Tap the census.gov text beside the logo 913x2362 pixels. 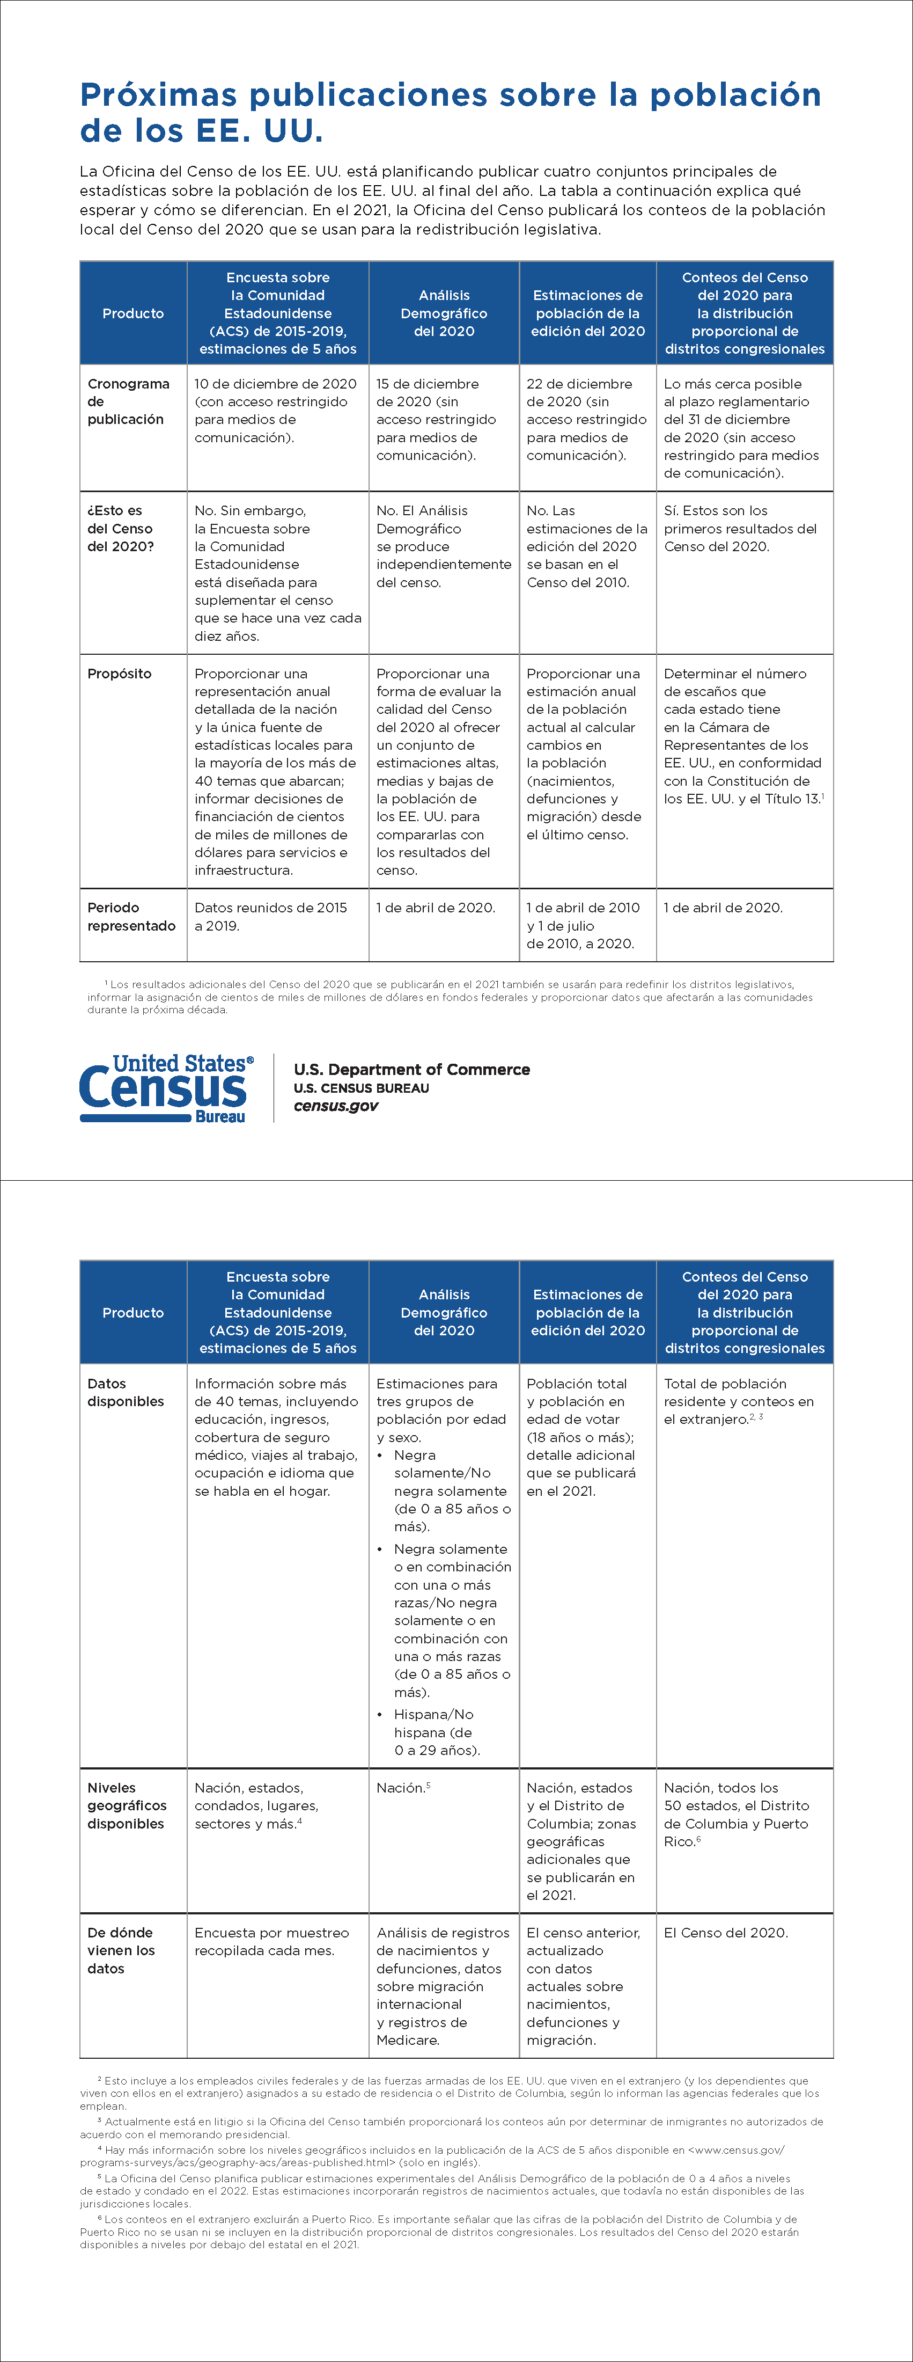click(335, 1106)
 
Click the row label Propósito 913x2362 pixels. click(119, 673)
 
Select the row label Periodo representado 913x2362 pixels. click(131, 917)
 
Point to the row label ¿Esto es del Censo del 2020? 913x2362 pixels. click(120, 528)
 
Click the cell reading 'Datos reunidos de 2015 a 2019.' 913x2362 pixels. click(270, 917)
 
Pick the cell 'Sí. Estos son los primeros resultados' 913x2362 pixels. click(740, 528)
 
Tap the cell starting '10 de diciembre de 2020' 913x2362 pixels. click(275, 410)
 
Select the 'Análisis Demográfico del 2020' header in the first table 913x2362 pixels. click(444, 313)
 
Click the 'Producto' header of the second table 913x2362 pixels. click(133, 1312)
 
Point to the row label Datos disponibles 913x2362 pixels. click(126, 1392)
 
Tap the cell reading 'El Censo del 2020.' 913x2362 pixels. click(725, 1932)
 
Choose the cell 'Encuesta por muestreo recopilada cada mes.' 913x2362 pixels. click(271, 1941)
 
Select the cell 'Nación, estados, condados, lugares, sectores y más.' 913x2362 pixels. click(256, 1805)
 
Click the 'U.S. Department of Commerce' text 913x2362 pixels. click(411, 1069)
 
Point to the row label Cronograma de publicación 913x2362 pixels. click(128, 401)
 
